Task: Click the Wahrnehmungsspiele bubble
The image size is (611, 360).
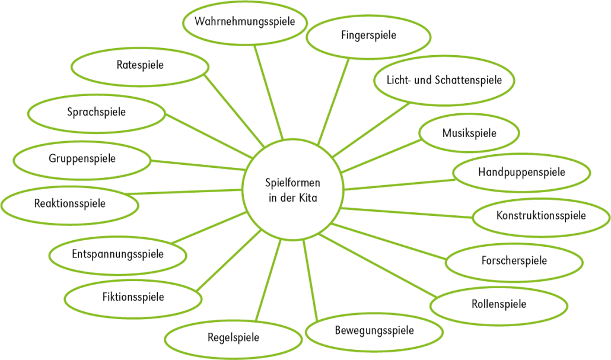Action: coord(245,23)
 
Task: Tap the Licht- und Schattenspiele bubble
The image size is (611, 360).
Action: coord(444,81)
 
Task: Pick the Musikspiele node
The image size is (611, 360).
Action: coord(469,133)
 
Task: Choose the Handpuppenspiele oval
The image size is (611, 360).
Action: coord(521,173)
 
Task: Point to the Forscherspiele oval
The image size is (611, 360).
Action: coord(514,262)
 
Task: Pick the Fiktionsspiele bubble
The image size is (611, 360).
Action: coord(133,299)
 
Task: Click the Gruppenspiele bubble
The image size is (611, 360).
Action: coord(82,160)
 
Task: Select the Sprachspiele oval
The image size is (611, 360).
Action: coord(96,114)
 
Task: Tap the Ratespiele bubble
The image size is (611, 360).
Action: coord(140,67)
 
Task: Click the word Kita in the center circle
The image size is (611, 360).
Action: coord(308,197)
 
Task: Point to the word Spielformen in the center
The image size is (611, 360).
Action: coord(292,183)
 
